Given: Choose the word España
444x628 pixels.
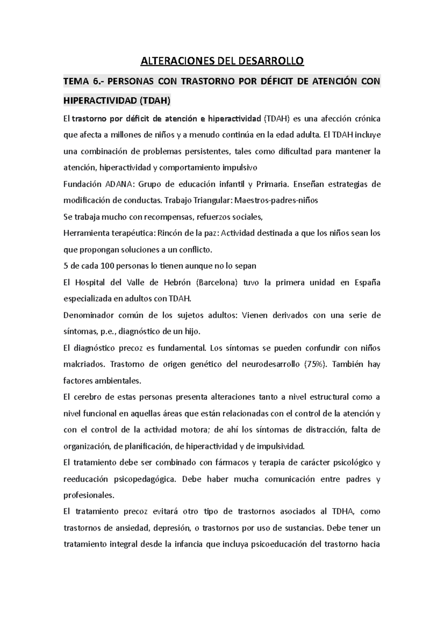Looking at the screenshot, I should [367, 283].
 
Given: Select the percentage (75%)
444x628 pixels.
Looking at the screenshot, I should [315, 364].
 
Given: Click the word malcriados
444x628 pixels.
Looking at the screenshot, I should [84, 364].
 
